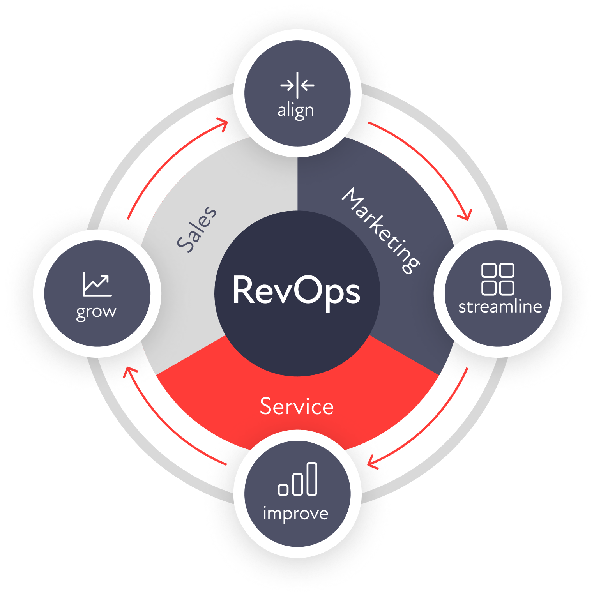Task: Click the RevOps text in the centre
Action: (297, 291)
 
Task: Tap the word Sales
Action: (197, 230)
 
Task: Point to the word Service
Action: (297, 406)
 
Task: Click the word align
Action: (295, 111)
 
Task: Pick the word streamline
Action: (500, 307)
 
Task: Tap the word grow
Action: (96, 312)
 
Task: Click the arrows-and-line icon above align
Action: (297, 85)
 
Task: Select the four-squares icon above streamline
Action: (498, 279)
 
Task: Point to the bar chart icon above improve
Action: (297, 479)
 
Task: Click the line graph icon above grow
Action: (97, 284)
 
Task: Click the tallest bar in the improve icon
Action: (312, 479)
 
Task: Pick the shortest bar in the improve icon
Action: (283, 489)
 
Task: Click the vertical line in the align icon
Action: (297, 85)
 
